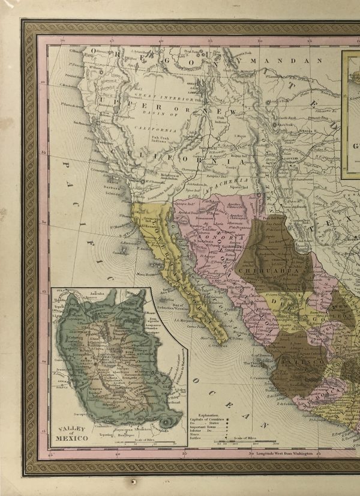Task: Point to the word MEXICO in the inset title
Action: pyautogui.click(x=71, y=438)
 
